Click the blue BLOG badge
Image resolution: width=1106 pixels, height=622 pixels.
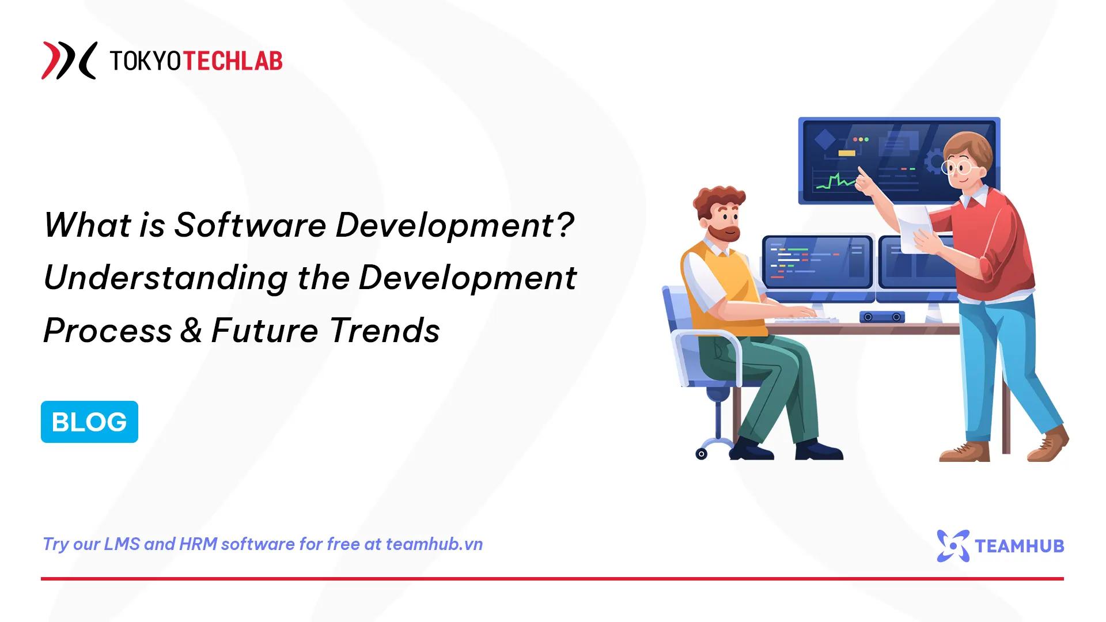(x=89, y=422)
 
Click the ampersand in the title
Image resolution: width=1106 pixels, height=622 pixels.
(x=191, y=331)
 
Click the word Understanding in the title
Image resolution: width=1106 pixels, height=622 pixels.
(x=165, y=278)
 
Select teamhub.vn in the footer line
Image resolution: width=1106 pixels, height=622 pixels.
(x=434, y=544)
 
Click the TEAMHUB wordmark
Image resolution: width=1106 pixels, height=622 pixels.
(x=1019, y=545)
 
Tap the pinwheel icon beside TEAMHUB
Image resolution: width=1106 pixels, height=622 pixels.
(x=952, y=545)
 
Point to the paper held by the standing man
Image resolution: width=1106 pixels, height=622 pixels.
(x=914, y=229)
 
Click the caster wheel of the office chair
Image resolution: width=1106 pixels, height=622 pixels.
(x=701, y=454)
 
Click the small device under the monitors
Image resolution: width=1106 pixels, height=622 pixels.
(x=882, y=317)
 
